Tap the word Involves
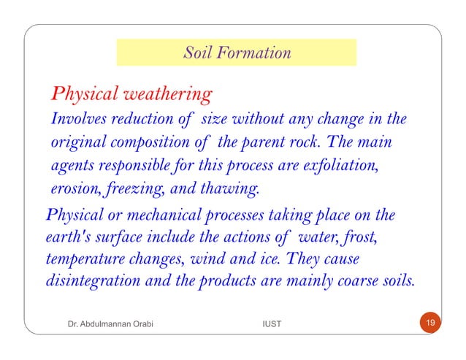tap(77, 119)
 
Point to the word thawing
tap(233, 190)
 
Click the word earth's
tap(66, 239)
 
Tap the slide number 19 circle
tap(429, 322)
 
